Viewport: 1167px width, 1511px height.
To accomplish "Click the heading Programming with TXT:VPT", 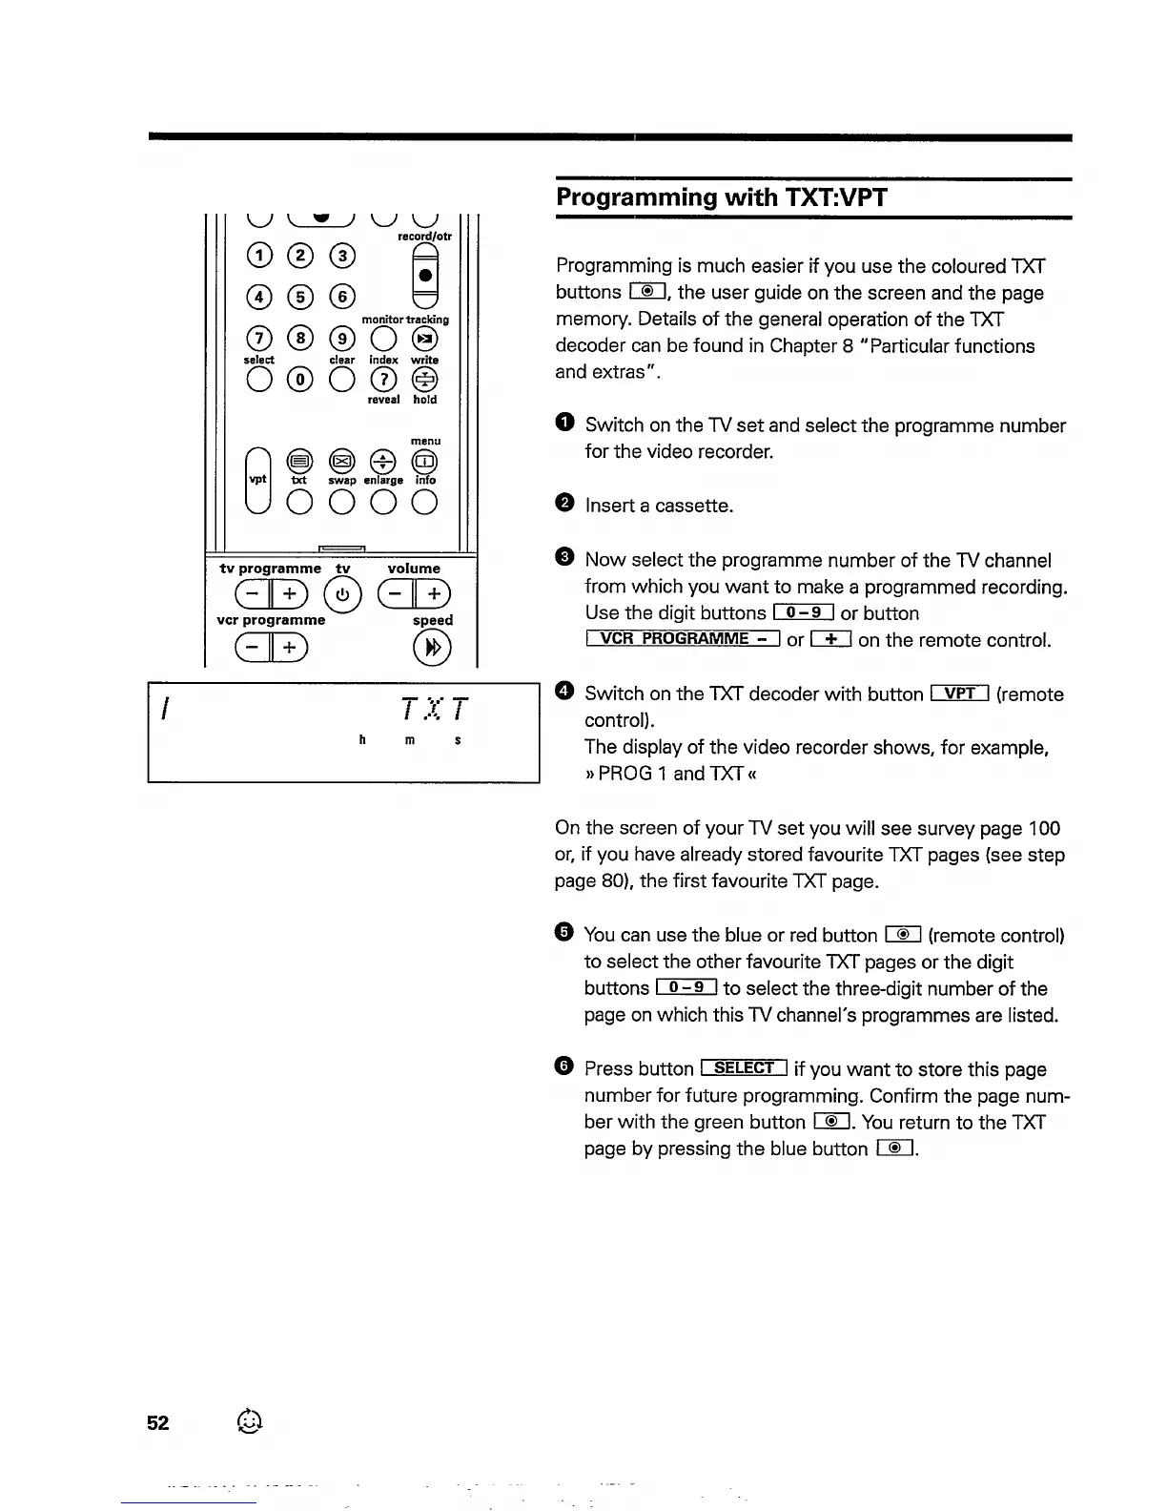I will point(721,197).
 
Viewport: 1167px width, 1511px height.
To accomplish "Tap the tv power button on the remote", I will point(342,595).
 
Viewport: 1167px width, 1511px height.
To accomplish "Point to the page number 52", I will point(157,1423).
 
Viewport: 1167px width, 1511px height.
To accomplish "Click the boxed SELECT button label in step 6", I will point(744,1068).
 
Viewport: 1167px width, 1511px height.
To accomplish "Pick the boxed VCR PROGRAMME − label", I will point(683,639).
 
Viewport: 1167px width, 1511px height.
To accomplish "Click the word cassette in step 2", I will point(693,506).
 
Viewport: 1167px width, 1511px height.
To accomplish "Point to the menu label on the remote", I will point(425,441).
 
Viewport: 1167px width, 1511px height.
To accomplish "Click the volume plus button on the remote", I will point(435,594).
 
